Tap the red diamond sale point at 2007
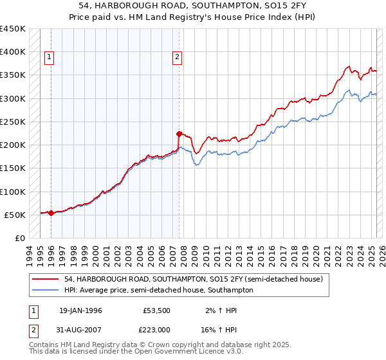click(179, 134)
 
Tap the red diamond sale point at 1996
click(51, 213)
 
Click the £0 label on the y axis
click(19, 238)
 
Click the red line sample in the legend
click(46, 279)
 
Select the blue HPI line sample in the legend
click(46, 290)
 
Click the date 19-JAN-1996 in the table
click(80, 310)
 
